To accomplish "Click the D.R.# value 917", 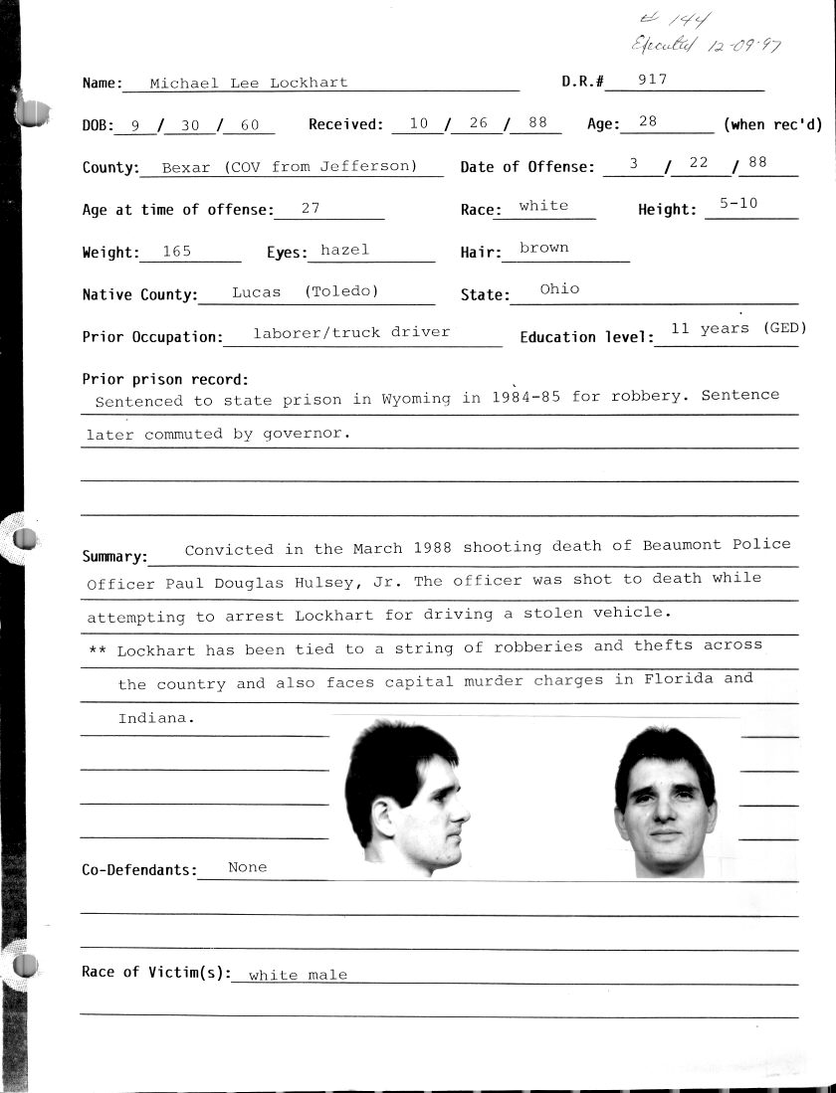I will (654, 80).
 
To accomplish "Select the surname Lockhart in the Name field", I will (309, 84).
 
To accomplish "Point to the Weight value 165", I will (176, 252).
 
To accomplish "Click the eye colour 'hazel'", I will (344, 251).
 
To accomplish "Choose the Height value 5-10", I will (738, 203).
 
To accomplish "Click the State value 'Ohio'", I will (559, 288).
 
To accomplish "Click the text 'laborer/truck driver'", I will (351, 332).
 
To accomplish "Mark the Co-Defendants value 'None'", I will (247, 867).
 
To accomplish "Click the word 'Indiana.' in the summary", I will (151, 717).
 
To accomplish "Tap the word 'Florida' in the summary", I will (680, 679).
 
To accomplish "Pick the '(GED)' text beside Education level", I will (784, 328).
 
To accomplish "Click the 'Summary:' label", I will (114, 557).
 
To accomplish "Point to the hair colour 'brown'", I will (543, 248).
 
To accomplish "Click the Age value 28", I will (648, 121).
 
